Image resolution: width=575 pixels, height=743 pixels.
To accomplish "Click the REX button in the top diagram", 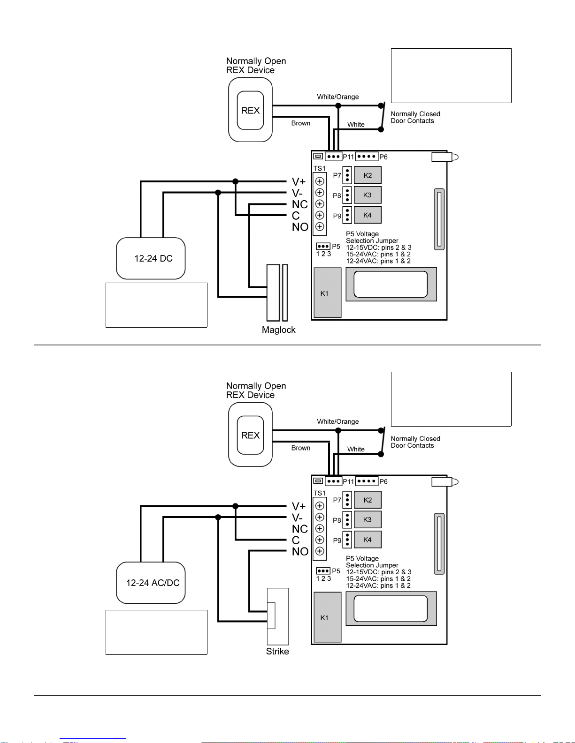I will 250,111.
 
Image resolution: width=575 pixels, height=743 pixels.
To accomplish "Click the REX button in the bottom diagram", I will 250,435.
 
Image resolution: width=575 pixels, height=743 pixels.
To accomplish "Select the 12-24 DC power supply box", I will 151,258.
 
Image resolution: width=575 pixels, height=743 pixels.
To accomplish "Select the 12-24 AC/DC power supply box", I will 151,583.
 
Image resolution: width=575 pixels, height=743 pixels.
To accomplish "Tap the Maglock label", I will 278,330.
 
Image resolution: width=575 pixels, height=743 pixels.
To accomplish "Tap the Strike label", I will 277,652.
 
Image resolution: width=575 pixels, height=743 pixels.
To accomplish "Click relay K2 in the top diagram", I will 368,175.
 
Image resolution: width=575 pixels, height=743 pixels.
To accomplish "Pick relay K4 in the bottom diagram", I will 368,540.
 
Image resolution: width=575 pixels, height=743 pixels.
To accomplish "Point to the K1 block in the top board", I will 327,293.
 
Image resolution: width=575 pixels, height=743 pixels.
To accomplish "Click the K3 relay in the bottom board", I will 368,520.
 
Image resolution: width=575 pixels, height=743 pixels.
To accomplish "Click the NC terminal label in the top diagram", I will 299,204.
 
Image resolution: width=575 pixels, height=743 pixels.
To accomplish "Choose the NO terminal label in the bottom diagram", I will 299,552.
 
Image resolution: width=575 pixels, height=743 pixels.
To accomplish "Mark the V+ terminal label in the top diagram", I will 299,182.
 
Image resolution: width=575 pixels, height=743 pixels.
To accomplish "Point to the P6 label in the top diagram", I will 383,157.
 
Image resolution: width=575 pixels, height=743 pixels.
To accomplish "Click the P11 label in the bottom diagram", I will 348,482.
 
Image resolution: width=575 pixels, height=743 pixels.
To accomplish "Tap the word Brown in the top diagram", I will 300,123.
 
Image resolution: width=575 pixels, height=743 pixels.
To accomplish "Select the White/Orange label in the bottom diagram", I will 337,422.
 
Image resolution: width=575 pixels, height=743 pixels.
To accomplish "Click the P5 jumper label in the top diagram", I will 336,247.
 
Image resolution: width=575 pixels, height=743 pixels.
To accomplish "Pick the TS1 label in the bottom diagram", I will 319,494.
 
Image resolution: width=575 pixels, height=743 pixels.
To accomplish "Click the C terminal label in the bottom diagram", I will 296,540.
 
